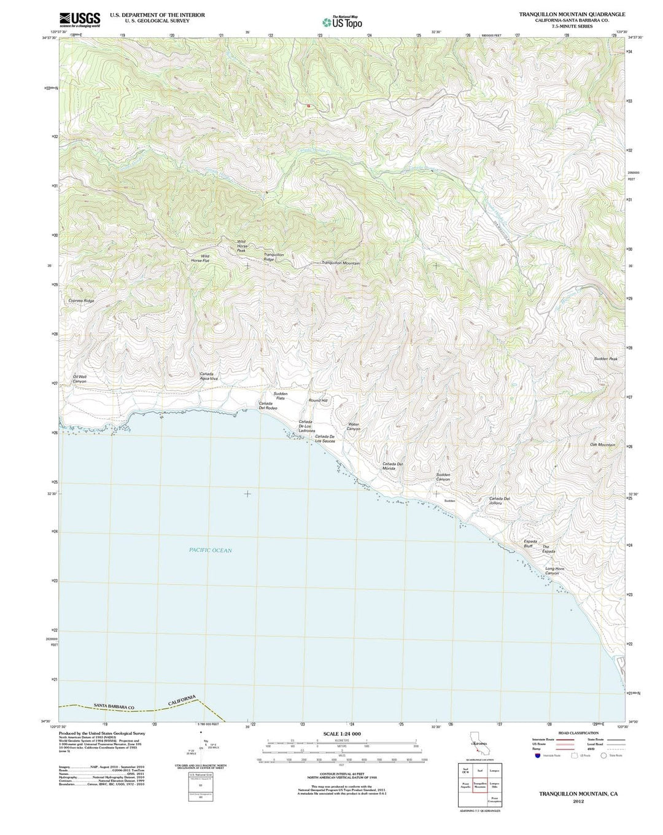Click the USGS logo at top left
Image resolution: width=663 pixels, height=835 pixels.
coord(80,19)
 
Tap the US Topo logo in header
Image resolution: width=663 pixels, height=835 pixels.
coord(342,22)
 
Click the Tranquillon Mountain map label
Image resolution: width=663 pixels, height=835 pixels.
coord(341,263)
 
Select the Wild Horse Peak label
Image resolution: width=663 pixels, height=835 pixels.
coord(242,246)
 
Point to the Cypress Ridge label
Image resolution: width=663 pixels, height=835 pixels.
coord(81,301)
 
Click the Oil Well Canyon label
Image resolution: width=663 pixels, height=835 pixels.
coord(80,379)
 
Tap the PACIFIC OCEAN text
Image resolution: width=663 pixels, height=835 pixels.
coord(211,550)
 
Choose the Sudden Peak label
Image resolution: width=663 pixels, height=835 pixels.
coord(605,359)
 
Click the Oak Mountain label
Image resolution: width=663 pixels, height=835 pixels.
coord(602,445)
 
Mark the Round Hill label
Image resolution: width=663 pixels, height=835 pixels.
coord(318,400)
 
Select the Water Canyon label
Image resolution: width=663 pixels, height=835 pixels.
coord(354,426)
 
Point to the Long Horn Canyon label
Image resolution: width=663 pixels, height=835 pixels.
coord(555,571)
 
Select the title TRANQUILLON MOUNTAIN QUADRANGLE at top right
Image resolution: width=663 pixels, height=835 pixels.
coord(572,14)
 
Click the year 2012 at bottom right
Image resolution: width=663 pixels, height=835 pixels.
coord(578,801)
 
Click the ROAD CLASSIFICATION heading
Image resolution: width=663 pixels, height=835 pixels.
coord(578,733)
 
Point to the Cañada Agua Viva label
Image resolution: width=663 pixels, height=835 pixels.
coord(209,376)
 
